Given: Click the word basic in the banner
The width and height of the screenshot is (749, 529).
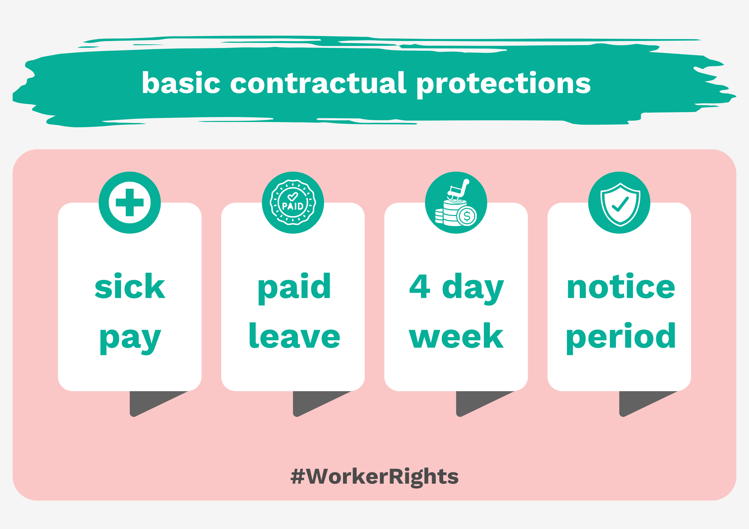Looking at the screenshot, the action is click(x=181, y=83).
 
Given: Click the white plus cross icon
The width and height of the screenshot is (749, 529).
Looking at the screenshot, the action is click(x=129, y=202).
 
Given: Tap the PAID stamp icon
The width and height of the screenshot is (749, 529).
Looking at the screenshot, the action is click(x=293, y=202).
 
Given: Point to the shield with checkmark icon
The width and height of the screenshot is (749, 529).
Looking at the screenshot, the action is click(x=620, y=204).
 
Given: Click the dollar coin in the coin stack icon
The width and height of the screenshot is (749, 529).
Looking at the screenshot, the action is click(x=467, y=216).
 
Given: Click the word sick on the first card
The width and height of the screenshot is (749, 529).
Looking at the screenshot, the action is click(x=130, y=286).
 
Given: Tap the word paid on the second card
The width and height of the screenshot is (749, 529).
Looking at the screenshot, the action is click(x=294, y=288).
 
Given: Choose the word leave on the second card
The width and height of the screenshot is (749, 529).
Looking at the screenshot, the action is click(x=295, y=336).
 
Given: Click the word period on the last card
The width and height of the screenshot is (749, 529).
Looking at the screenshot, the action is click(x=621, y=338).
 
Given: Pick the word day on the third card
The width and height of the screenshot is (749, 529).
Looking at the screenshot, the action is click(x=473, y=289).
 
